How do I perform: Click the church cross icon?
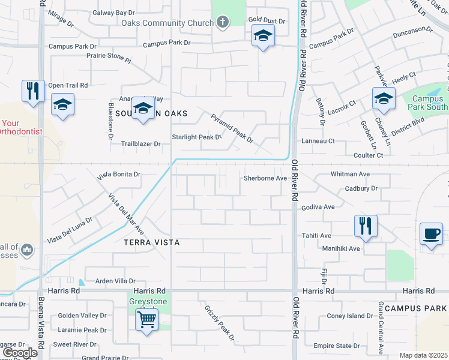pyautogui.click(x=223, y=23)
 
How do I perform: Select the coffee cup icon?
pyautogui.click(x=432, y=233)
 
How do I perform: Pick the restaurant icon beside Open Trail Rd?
pyautogui.click(x=32, y=91)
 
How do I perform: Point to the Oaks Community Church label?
pyautogui.click(x=167, y=23)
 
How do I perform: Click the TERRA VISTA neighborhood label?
pyautogui.click(x=151, y=242)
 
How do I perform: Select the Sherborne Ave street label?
pyautogui.click(x=265, y=178)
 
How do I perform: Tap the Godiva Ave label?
pyautogui.click(x=318, y=207)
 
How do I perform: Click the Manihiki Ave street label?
pyautogui.click(x=340, y=248)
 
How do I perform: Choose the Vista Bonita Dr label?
pyautogui.click(x=119, y=174)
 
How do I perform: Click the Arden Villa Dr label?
pyautogui.click(x=117, y=281)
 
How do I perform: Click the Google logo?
pyautogui.click(x=20, y=353)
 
